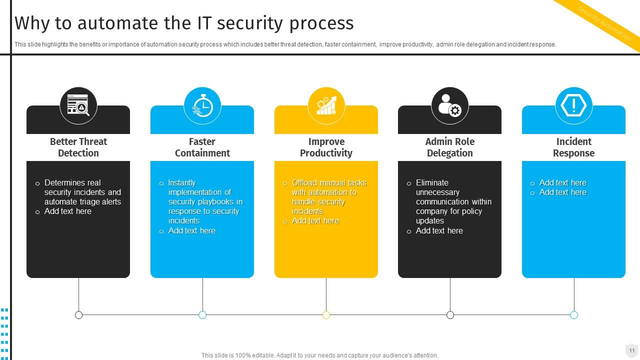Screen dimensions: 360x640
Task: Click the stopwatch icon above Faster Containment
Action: [202, 105]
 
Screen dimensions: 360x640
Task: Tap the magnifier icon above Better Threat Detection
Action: [78, 105]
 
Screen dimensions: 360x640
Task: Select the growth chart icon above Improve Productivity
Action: [326, 105]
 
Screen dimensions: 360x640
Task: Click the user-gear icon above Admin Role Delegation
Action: [450, 105]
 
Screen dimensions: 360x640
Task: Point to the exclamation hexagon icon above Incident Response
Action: [573, 105]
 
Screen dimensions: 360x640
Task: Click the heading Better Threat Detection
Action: [78, 147]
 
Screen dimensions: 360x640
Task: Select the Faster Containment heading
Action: [202, 147]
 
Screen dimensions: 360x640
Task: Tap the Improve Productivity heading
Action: [326, 147]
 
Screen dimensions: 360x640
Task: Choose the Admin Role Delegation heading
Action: [450, 147]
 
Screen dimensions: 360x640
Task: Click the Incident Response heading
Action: [573, 147]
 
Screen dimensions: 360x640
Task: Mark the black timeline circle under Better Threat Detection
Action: [78, 315]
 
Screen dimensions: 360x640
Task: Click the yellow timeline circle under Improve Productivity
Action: [326, 315]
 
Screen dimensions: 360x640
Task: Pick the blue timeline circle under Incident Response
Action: [574, 315]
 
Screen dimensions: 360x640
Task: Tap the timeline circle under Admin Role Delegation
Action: [450, 315]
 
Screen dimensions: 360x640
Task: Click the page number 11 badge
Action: [631, 350]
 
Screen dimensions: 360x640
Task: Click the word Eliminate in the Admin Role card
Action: [432, 183]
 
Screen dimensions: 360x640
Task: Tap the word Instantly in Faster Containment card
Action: [182, 183]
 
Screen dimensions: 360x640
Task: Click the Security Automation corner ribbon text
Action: [604, 23]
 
